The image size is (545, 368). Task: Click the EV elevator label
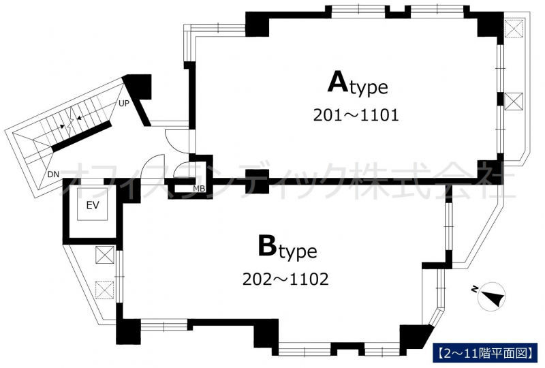pos(93,205)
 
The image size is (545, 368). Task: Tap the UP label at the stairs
pos(124,104)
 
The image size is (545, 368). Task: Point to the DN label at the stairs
pos(53,174)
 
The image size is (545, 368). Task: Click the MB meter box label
pos(199,189)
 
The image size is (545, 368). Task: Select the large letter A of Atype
pos(337,82)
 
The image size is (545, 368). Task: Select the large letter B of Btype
pos(267,245)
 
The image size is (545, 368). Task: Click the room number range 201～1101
pos(356,115)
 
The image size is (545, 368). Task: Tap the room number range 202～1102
pos(285,279)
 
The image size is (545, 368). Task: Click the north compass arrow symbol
pos(491,296)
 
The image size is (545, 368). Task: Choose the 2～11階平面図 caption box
pos(485,353)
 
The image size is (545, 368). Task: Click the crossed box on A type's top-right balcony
pos(514,28)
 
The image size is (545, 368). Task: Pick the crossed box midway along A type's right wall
pos(514,102)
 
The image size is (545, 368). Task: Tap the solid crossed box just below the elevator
pos(105,255)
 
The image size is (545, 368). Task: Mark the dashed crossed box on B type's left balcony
pos(105,290)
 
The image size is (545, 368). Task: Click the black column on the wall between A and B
pos(258,181)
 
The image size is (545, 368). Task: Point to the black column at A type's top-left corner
pos(258,24)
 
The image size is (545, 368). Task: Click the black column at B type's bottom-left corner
pos(128,331)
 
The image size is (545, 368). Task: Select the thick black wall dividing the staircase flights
pos(81,136)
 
